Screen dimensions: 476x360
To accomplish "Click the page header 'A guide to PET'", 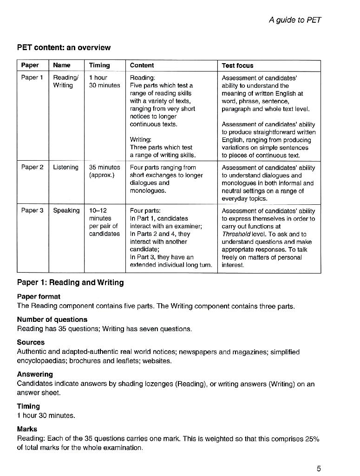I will (x=295, y=20).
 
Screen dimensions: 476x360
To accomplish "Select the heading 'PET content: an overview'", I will (x=64, y=47).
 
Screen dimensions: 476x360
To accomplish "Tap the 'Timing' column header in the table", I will (x=99, y=65).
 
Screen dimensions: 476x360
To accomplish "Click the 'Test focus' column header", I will (x=238, y=65).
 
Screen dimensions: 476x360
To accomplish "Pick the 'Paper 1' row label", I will (x=32, y=78).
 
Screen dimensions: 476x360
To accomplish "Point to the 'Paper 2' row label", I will (x=32, y=167).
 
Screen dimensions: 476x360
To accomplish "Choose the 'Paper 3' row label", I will (x=32, y=210).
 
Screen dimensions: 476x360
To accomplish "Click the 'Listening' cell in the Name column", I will (x=65, y=167).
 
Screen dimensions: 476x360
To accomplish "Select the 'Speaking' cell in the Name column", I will (x=66, y=210).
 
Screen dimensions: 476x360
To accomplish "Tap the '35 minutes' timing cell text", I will (x=105, y=167).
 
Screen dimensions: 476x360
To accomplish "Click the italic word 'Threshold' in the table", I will (x=236, y=234).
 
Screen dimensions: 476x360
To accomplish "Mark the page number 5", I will (x=319, y=469).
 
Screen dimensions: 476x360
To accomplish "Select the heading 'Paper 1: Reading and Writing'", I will (x=70, y=282).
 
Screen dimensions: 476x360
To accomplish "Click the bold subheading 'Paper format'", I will (x=39, y=296).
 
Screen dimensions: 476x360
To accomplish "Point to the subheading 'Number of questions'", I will (x=52, y=320).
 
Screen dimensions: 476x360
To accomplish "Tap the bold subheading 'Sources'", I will (x=31, y=342).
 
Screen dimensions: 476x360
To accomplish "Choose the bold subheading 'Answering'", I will (x=35, y=374).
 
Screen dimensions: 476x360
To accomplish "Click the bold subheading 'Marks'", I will (x=27, y=429).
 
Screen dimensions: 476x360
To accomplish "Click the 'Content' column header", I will (x=142, y=65).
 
